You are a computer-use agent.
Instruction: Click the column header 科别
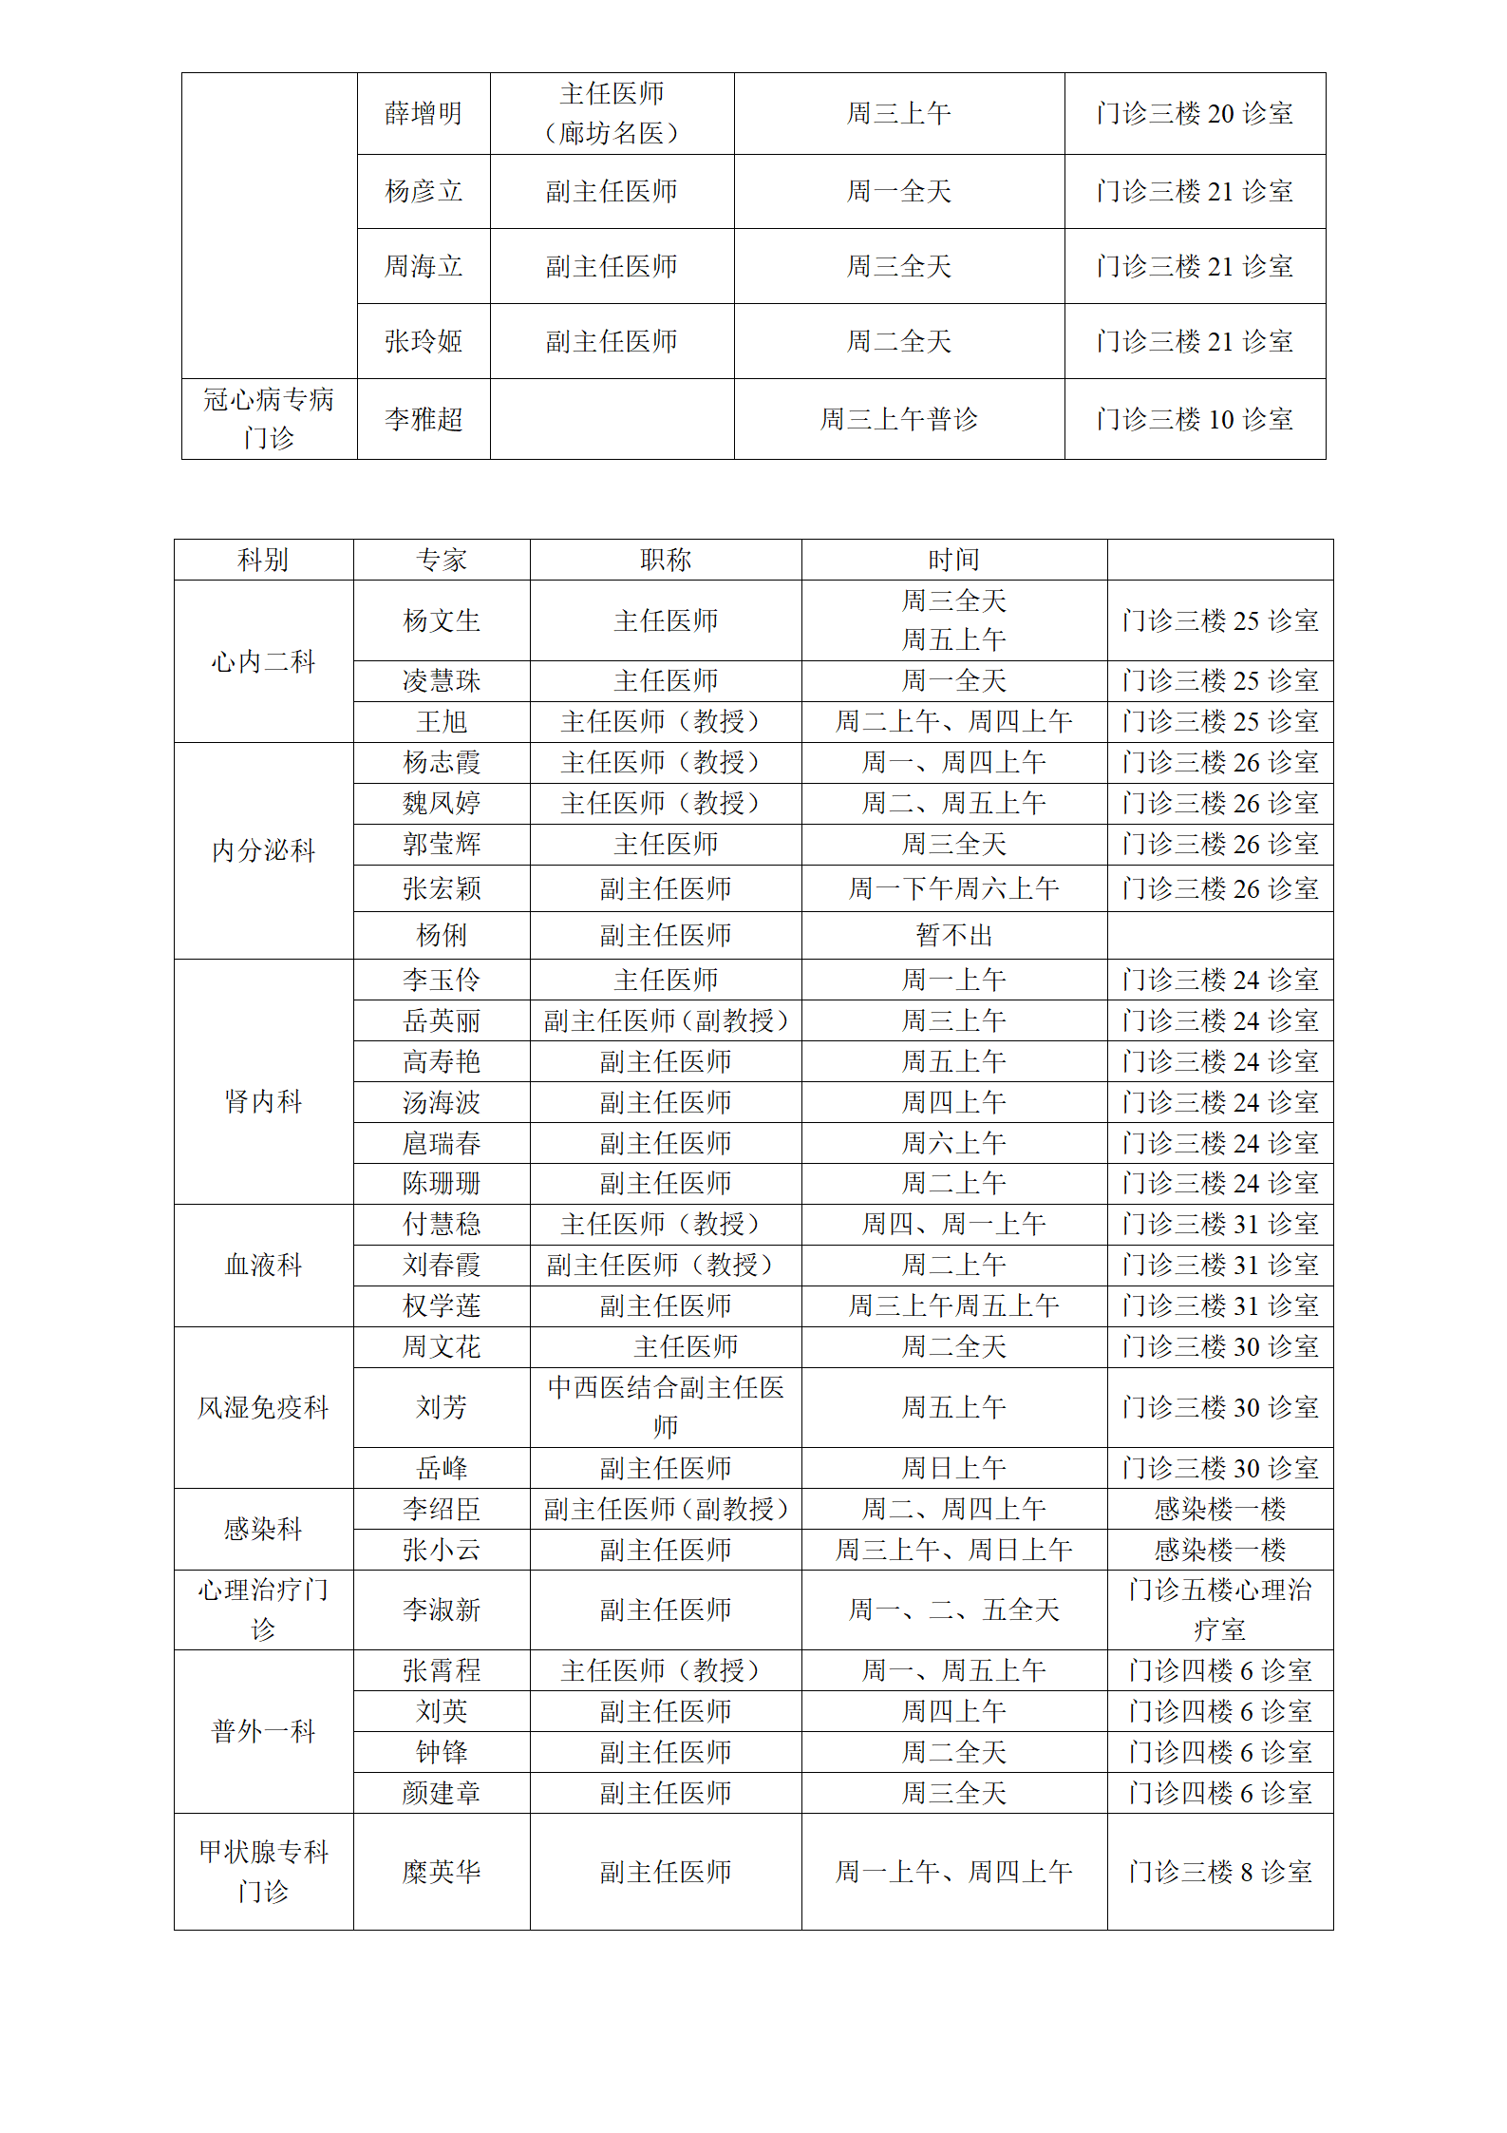point(263,560)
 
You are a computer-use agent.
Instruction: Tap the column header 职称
point(665,560)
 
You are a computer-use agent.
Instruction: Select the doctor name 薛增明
point(424,114)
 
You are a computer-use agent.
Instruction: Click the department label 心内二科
point(263,661)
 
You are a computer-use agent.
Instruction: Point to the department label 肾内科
point(263,1101)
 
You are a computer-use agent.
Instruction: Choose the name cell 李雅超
point(424,419)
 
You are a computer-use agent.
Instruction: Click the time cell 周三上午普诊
point(898,419)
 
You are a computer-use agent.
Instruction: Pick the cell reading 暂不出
point(953,936)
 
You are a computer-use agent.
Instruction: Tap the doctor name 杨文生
point(442,620)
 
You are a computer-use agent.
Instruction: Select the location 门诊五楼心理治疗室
point(1219,1609)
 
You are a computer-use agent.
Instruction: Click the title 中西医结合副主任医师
point(665,1407)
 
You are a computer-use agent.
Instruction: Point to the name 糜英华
point(442,1872)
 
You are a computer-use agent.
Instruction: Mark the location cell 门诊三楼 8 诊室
point(1219,1872)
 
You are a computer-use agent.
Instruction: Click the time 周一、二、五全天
point(953,1609)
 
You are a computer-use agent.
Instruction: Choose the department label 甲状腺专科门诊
point(263,1872)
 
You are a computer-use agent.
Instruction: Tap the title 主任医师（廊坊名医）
point(612,114)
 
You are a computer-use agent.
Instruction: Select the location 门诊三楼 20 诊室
point(1195,114)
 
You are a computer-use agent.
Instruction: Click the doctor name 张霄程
point(442,1670)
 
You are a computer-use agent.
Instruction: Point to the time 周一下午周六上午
point(953,888)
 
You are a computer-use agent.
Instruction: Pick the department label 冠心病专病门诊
point(269,419)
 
